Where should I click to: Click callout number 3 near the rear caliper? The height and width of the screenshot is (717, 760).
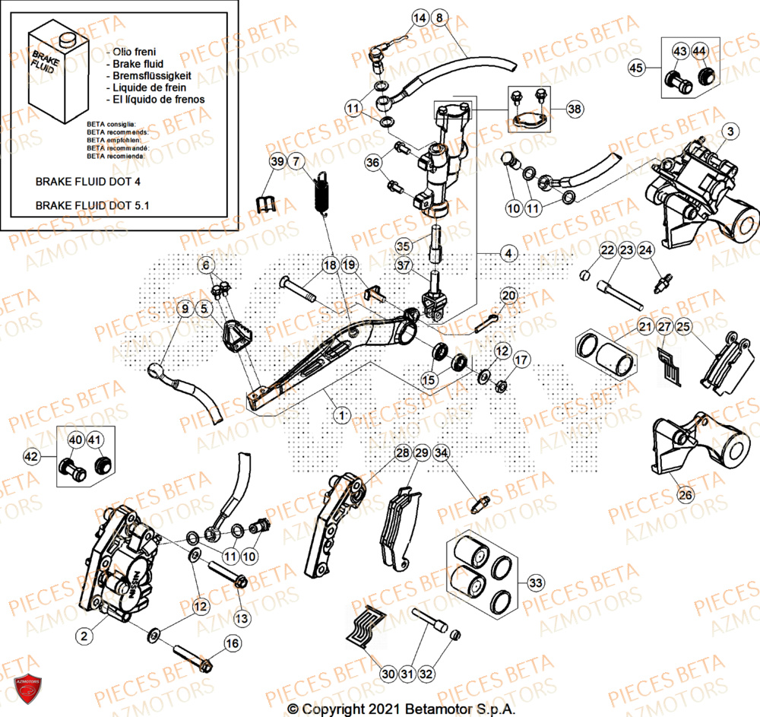(x=729, y=132)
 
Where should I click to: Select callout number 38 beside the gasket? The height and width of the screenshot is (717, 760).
(x=576, y=109)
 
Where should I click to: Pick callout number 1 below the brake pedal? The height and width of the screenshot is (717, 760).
(x=342, y=415)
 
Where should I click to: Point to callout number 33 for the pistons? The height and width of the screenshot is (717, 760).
(x=536, y=583)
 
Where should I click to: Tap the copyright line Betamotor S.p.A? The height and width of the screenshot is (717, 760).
(x=401, y=709)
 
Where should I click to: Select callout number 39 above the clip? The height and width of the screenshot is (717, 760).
(x=277, y=161)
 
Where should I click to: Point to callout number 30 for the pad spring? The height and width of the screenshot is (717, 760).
(x=388, y=673)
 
